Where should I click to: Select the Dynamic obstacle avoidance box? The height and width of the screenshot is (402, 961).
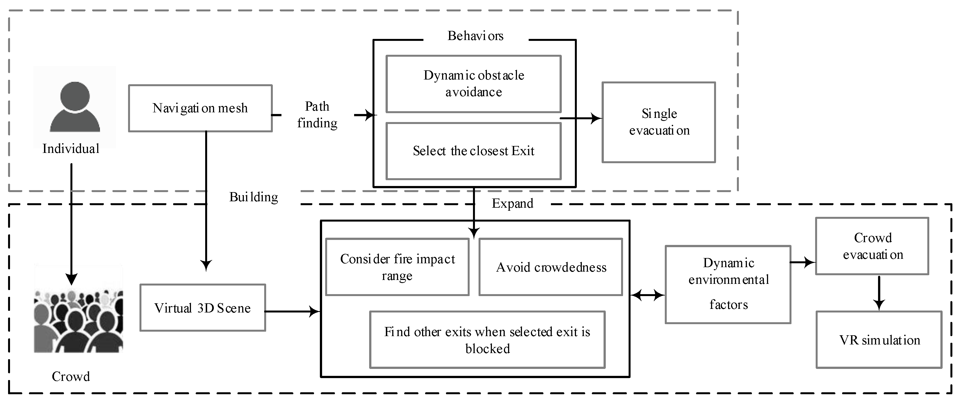click(474, 84)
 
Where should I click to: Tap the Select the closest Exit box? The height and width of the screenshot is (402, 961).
click(474, 151)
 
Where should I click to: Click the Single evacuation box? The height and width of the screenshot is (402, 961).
click(658, 122)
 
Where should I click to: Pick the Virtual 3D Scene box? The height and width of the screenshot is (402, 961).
click(203, 308)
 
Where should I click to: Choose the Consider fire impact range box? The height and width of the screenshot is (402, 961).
click(397, 267)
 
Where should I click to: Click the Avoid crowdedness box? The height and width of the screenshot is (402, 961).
click(551, 267)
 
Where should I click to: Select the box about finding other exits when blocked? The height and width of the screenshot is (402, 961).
click(487, 340)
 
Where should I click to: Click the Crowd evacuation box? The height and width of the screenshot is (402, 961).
click(872, 246)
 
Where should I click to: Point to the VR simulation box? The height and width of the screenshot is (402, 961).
click(879, 340)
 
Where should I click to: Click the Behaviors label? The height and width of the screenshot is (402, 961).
click(475, 36)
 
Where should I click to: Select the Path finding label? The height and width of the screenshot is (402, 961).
click(317, 115)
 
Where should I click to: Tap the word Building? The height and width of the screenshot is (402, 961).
click(254, 197)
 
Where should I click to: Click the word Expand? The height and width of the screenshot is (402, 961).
click(512, 204)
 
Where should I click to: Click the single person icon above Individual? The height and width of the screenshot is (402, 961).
click(75, 107)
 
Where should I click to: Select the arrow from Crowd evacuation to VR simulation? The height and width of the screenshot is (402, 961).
click(879, 293)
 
